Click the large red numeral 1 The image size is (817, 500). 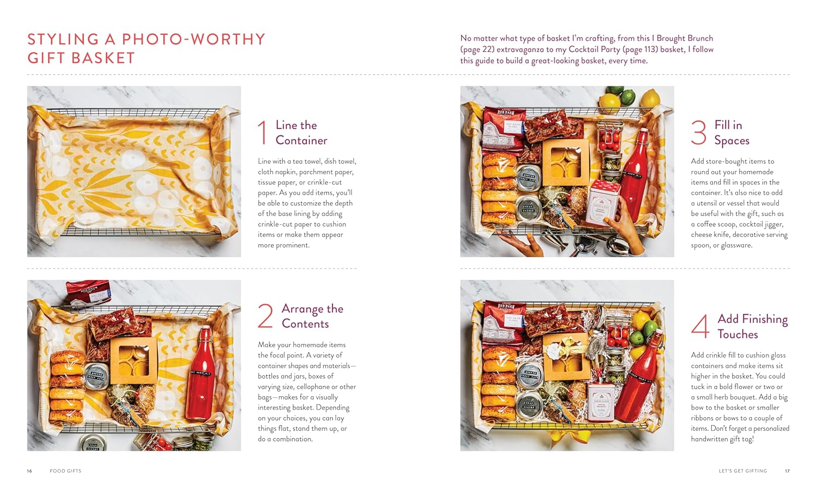tap(263, 133)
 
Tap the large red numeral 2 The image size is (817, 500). tap(265, 316)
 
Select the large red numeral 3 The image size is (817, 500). tap(698, 133)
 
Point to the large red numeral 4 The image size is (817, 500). tap(700, 326)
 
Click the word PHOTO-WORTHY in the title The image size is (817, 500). tap(193, 39)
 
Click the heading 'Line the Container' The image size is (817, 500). tap(301, 132)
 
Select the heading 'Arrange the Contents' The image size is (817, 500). tap(312, 316)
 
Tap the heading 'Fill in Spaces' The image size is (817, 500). tap(731, 132)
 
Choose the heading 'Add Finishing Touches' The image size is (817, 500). tap(752, 326)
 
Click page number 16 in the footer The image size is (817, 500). tap(29, 471)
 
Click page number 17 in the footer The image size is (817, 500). tap(788, 471)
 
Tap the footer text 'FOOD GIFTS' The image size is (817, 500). tap(66, 471)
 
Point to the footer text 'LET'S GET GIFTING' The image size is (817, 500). tap(743, 471)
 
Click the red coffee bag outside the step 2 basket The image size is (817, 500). tap(88, 292)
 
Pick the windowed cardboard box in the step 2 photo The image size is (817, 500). tap(134, 361)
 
